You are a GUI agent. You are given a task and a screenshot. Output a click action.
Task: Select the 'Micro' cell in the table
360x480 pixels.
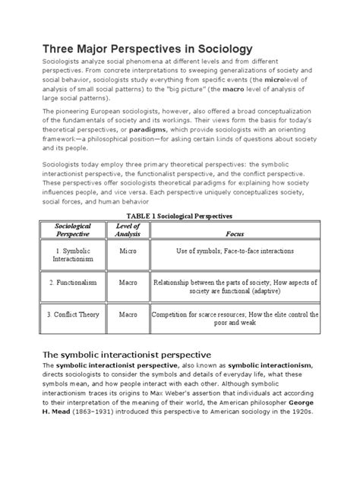point(128,272)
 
